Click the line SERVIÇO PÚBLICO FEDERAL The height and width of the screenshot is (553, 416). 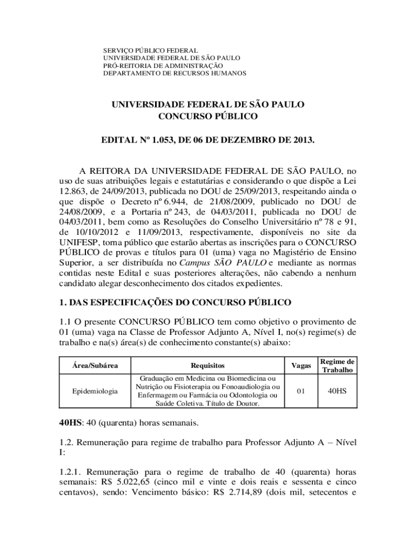(151, 50)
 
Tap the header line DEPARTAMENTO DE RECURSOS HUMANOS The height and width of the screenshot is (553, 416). (175, 73)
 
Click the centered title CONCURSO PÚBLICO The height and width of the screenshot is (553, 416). (208, 116)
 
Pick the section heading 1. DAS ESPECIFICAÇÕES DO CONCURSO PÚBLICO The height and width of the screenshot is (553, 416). (175, 302)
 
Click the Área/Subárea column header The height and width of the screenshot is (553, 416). (95, 366)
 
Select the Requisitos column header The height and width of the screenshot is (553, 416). (207, 366)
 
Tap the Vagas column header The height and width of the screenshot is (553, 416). (301, 366)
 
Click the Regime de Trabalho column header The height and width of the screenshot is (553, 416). (337, 366)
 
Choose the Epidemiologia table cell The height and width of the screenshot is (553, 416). (95, 391)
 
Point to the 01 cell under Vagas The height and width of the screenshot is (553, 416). (301, 391)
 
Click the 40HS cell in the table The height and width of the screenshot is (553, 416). (337, 391)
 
